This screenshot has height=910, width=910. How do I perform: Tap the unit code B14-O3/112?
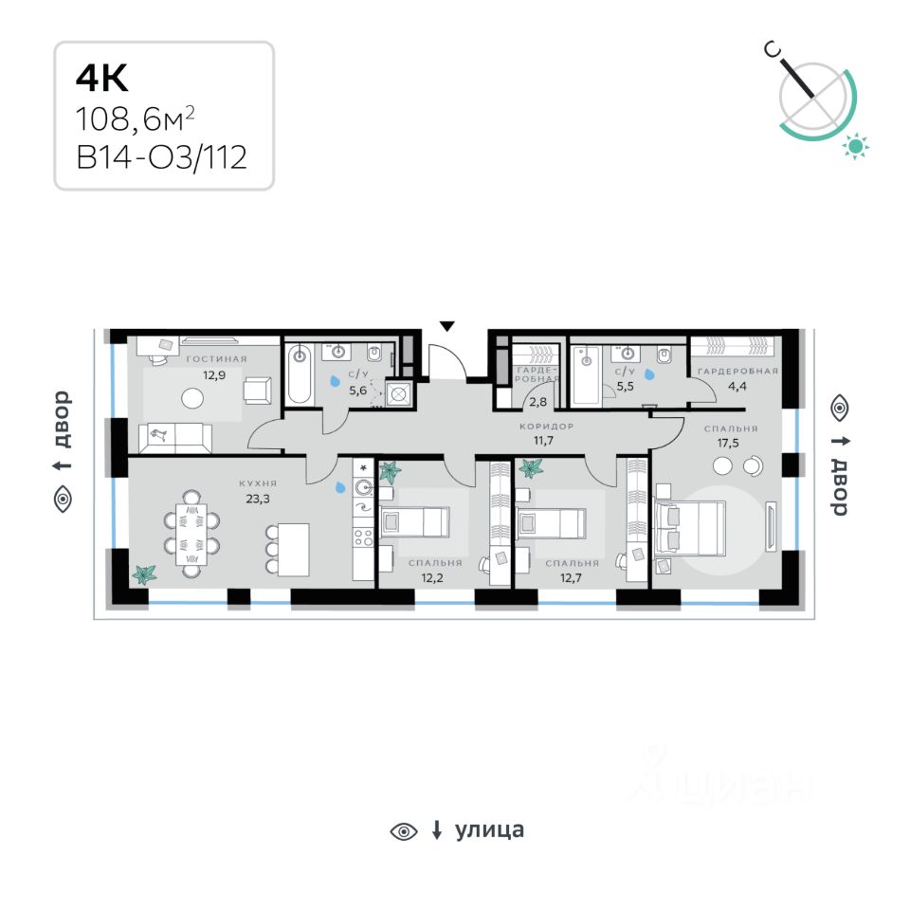pyautogui.click(x=161, y=155)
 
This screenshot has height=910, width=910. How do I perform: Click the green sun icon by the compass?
pyautogui.click(x=857, y=145)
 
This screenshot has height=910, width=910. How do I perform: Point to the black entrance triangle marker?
pyautogui.click(x=446, y=326)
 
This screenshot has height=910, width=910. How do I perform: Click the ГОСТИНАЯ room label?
pyautogui.click(x=216, y=359)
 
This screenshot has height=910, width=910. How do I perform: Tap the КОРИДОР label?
pyautogui.click(x=546, y=427)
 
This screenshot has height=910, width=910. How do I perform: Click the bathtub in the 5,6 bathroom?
pyautogui.click(x=300, y=374)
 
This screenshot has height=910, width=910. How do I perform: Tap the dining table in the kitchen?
pyautogui.click(x=191, y=533)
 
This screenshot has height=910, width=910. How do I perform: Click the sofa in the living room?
pyautogui.click(x=175, y=438)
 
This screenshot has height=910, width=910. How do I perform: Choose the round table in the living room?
pyautogui.click(x=192, y=399)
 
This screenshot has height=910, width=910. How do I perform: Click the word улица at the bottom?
pyautogui.click(x=489, y=830)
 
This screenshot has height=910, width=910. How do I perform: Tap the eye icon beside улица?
pyautogui.click(x=404, y=831)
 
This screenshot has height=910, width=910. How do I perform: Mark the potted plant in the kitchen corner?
pyautogui.click(x=144, y=573)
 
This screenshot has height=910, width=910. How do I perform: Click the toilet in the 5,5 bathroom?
pyautogui.click(x=664, y=355)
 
